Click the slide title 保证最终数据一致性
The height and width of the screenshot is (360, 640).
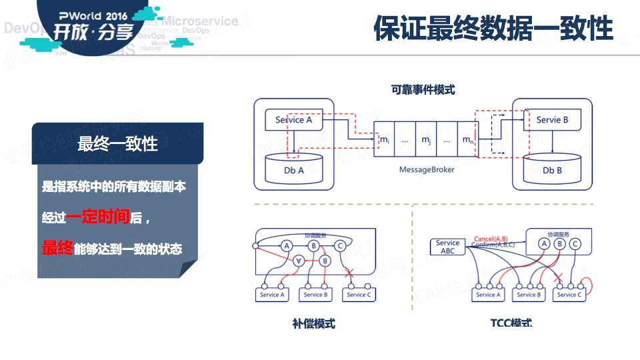(x=493, y=29)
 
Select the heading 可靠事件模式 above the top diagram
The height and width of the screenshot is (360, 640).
(x=423, y=89)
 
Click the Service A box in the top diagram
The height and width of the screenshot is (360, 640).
(x=293, y=120)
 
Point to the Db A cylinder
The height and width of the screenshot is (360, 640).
(x=293, y=169)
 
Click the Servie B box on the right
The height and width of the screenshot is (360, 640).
(x=552, y=120)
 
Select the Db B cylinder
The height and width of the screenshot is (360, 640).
(x=552, y=169)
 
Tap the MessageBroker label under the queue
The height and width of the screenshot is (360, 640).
(x=427, y=170)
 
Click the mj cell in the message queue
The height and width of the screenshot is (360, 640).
(x=425, y=140)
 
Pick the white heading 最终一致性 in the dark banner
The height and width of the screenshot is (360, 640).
(x=117, y=143)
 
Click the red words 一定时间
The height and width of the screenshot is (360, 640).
(x=97, y=217)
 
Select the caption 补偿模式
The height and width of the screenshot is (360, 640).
(x=313, y=324)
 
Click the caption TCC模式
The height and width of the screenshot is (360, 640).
(x=511, y=324)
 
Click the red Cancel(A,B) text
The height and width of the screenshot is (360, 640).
(x=491, y=238)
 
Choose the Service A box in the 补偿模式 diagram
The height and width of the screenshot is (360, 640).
(x=272, y=294)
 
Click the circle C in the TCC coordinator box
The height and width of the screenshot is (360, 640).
(x=575, y=244)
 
